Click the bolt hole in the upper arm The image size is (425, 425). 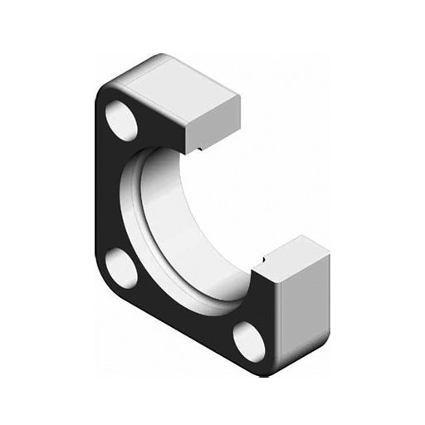tap(122, 121)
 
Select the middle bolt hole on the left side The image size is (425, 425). tap(122, 268)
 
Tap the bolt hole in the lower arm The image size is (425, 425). tap(248, 340)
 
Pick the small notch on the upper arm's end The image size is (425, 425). tap(200, 149)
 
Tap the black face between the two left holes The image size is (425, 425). tap(112, 195)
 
